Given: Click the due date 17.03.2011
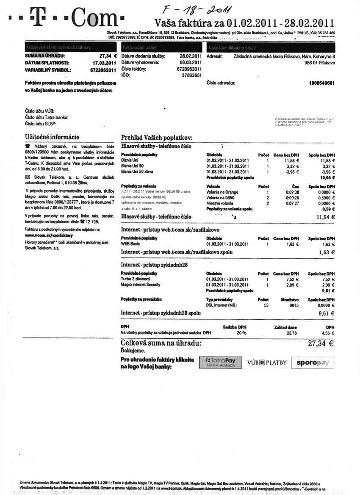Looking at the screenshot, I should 105,63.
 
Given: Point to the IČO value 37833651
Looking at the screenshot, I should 191,75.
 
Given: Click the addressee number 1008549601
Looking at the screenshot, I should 322,83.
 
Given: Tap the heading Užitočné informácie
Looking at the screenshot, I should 52,137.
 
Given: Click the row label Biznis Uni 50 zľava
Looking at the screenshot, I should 137,171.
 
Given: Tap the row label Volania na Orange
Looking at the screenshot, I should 222,192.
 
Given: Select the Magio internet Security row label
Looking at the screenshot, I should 141,285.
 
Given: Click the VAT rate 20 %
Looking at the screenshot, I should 241,333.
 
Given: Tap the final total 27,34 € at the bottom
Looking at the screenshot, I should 321,344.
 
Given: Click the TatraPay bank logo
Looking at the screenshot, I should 220,363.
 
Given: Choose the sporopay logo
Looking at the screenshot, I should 313,363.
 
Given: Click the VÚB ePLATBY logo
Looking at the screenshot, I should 267,363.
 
